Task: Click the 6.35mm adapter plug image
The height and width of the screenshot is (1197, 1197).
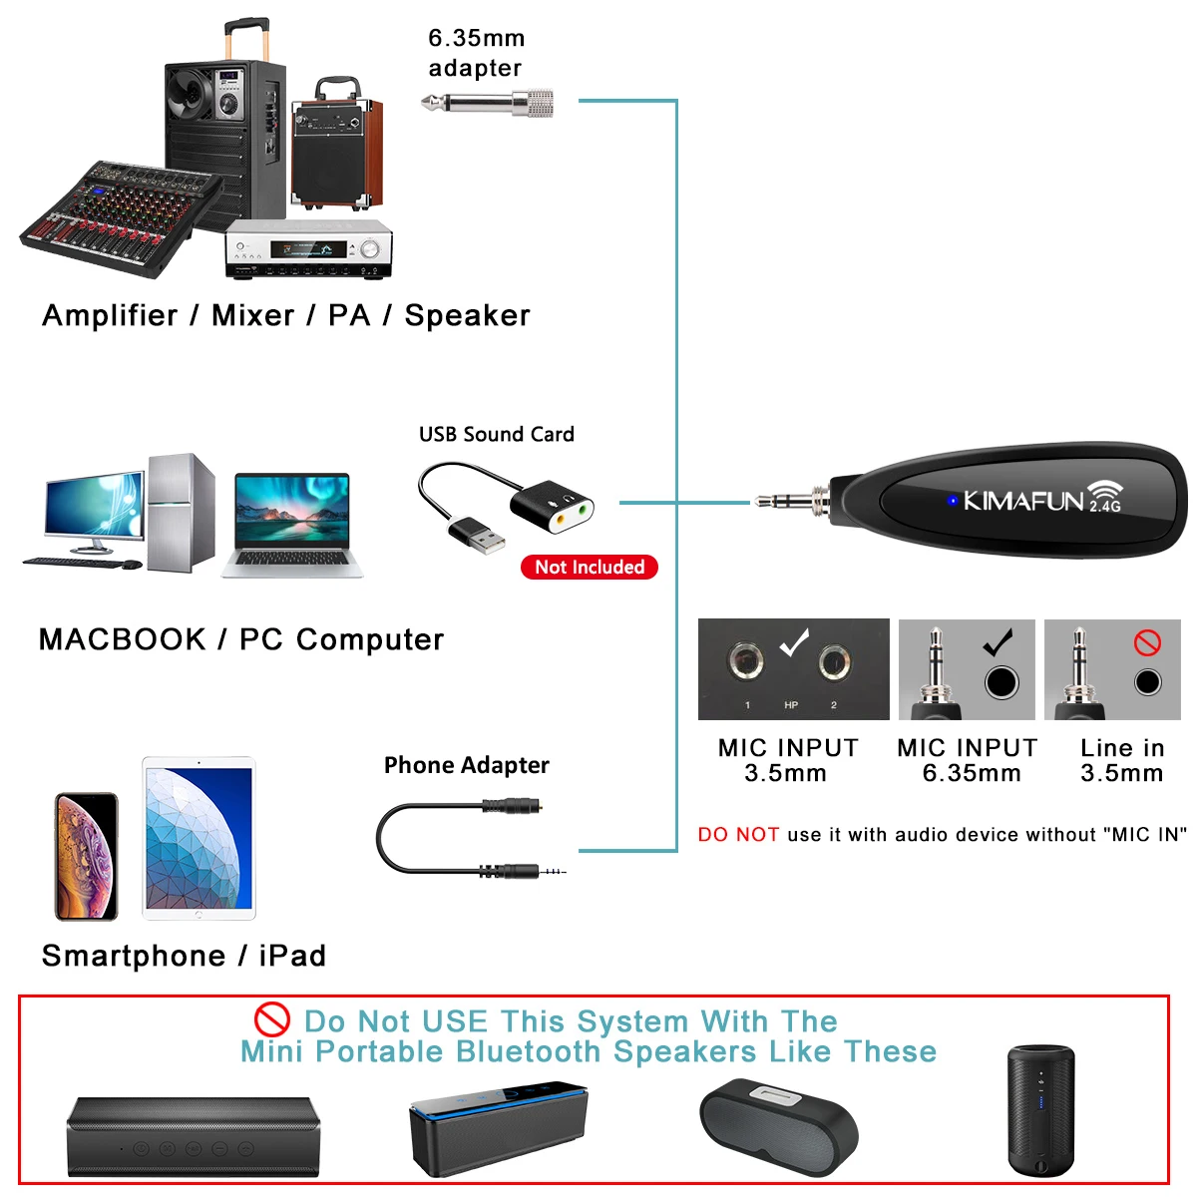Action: click(x=487, y=103)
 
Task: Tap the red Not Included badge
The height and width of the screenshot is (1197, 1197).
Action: click(x=590, y=568)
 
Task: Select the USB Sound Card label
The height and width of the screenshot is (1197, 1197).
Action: click(x=497, y=435)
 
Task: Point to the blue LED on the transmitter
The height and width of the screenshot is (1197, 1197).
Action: click(x=952, y=500)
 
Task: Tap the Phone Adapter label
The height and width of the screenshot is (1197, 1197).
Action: click(x=467, y=765)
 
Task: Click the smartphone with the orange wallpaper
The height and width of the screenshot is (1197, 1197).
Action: click(x=86, y=856)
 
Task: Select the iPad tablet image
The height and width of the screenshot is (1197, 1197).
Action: click(x=199, y=838)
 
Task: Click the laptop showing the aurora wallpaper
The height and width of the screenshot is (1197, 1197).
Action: click(x=292, y=525)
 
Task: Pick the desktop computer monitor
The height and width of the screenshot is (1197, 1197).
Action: click(x=93, y=508)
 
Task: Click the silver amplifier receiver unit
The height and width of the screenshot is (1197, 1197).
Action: click(x=308, y=249)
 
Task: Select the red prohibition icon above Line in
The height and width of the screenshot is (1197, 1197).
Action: click(x=1147, y=642)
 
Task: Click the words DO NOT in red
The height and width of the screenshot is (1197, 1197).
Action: click(x=738, y=835)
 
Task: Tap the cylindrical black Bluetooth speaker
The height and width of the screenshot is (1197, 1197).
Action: click(x=1040, y=1109)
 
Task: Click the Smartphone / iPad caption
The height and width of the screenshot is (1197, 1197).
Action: click(x=184, y=956)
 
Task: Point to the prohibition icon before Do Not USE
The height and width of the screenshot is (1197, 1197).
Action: click(x=271, y=1020)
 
